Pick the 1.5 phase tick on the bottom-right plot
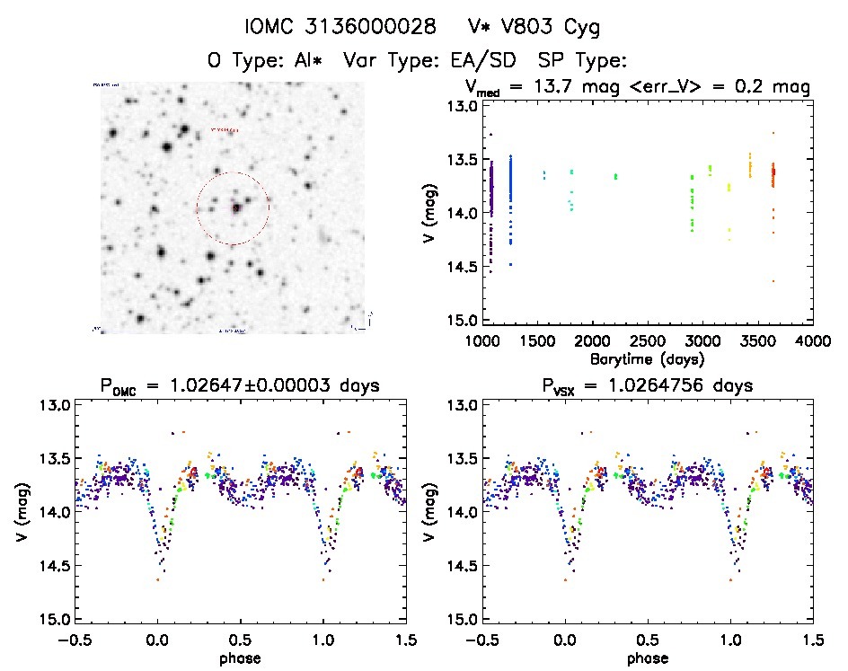coord(813,639)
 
